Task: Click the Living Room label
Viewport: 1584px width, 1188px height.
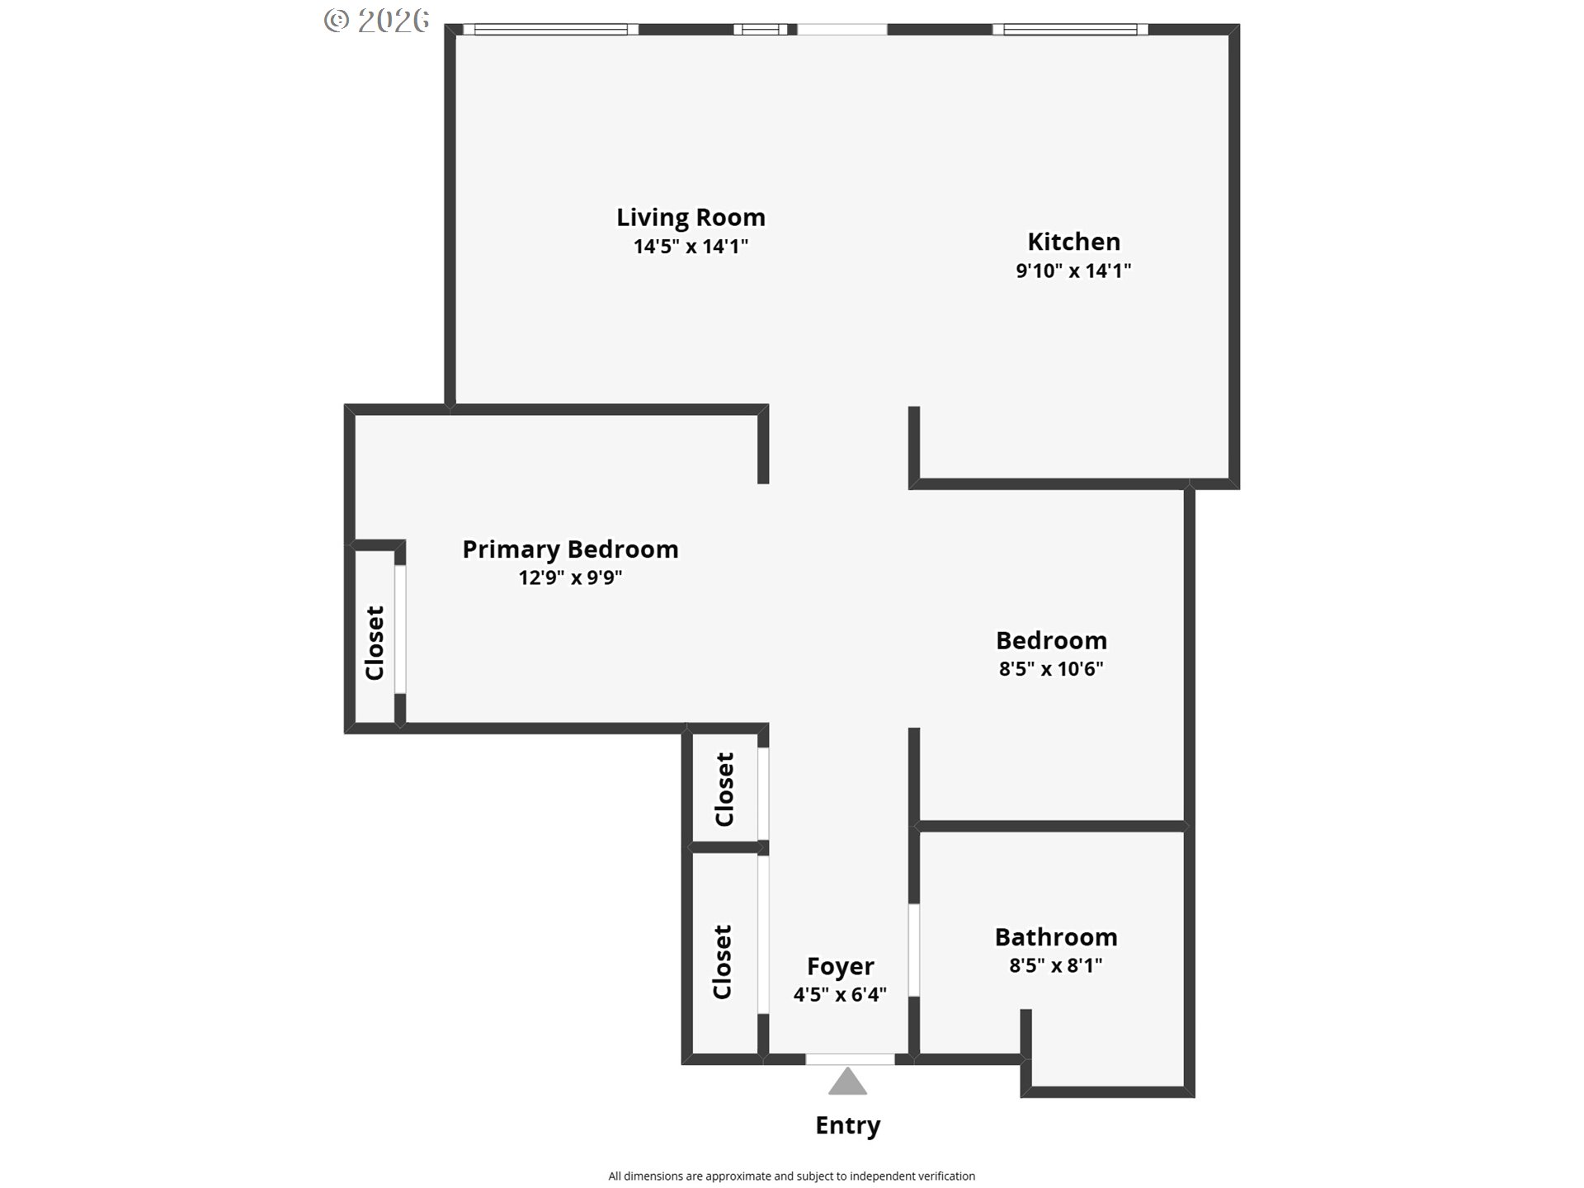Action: click(x=691, y=217)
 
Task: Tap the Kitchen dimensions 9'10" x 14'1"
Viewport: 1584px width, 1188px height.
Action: click(x=1073, y=271)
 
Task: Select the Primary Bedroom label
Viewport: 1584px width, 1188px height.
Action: click(x=570, y=549)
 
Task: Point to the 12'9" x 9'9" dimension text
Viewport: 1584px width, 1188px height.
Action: click(x=570, y=577)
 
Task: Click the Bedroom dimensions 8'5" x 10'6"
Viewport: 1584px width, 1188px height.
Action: click(x=1051, y=668)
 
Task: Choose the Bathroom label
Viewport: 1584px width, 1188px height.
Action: click(x=1056, y=937)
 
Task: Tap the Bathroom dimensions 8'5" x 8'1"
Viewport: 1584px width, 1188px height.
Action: click(x=1056, y=965)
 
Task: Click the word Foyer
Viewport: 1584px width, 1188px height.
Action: click(x=840, y=966)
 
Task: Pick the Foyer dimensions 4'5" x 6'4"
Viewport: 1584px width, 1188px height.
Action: click(x=840, y=995)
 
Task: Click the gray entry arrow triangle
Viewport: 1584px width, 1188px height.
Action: click(x=847, y=1082)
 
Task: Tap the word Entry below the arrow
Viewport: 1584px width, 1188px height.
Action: click(x=848, y=1125)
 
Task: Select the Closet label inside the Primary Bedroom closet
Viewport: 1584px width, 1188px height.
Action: click(x=375, y=643)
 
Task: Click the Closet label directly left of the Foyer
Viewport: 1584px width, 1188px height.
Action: click(x=722, y=962)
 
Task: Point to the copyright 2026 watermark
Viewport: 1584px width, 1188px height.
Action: click(x=377, y=21)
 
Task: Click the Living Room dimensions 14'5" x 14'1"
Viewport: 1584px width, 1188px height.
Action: click(x=691, y=247)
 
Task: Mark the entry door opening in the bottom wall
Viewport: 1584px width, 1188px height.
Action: click(x=850, y=1059)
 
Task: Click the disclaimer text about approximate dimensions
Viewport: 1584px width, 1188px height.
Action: click(x=792, y=1176)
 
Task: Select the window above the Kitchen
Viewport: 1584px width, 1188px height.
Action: click(x=1070, y=30)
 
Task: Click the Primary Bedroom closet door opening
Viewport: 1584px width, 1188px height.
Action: click(x=400, y=629)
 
